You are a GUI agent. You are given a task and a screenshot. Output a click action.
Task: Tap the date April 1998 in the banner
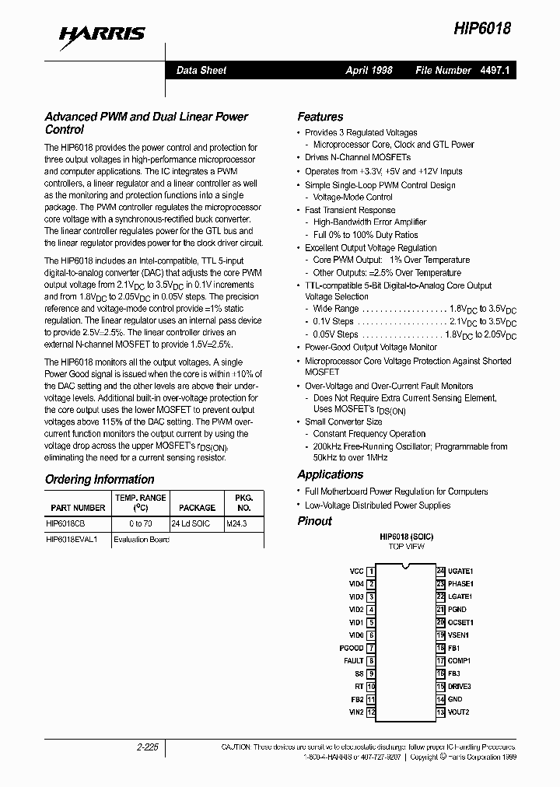coord(369,70)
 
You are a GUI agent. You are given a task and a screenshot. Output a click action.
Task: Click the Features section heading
coord(320,117)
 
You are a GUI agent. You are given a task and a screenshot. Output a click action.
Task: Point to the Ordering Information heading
coord(100,479)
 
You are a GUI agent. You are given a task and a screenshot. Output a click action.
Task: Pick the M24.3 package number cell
coord(236,524)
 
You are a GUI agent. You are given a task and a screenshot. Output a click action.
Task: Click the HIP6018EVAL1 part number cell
coord(72,539)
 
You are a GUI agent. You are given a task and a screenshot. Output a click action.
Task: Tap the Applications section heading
coord(330,474)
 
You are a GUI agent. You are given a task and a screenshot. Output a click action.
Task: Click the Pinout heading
coord(314,521)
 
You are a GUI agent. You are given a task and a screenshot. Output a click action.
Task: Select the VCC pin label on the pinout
coord(356,571)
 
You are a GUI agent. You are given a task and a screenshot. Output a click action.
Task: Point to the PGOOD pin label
coord(352,648)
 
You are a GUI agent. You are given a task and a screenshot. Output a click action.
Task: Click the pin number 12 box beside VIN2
coord(371,712)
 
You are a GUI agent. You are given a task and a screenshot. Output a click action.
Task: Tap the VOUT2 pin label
coord(458,712)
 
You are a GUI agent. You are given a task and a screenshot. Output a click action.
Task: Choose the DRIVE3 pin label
coord(460,687)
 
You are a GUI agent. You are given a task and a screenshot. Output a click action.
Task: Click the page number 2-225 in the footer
coord(146,747)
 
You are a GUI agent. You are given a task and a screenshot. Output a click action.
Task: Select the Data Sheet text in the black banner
coord(201,70)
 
